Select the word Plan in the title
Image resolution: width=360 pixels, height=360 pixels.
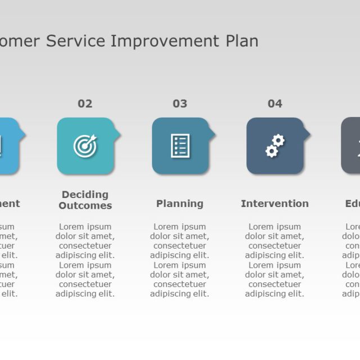pyautogui.click(x=242, y=41)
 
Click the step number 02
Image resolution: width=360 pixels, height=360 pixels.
pyautogui.click(x=85, y=103)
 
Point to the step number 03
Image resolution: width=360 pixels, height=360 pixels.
pyautogui.click(x=180, y=103)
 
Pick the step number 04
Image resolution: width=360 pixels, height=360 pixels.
pyautogui.click(x=274, y=103)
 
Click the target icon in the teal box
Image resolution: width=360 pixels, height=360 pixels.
pyautogui.click(x=85, y=146)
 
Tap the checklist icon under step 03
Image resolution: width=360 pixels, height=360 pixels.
pyautogui.click(x=180, y=146)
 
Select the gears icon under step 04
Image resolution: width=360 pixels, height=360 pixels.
pyautogui.click(x=274, y=146)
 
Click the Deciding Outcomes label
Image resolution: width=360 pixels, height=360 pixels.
pyautogui.click(x=85, y=200)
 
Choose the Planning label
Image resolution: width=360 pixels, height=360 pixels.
pyautogui.click(x=180, y=204)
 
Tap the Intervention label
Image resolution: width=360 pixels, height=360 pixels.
pyautogui.click(x=274, y=204)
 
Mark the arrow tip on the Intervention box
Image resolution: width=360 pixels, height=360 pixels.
pyautogui.click(x=308, y=134)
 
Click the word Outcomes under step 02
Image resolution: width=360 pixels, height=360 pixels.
pyautogui.click(x=85, y=206)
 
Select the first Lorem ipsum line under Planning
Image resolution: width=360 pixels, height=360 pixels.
pyautogui.click(x=180, y=227)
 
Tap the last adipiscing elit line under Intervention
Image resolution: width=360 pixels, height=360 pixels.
pyautogui.click(x=274, y=294)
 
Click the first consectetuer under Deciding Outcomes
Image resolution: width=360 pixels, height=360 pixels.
pyautogui.click(x=85, y=246)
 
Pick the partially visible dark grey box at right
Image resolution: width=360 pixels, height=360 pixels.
pyautogui.click(x=351, y=146)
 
